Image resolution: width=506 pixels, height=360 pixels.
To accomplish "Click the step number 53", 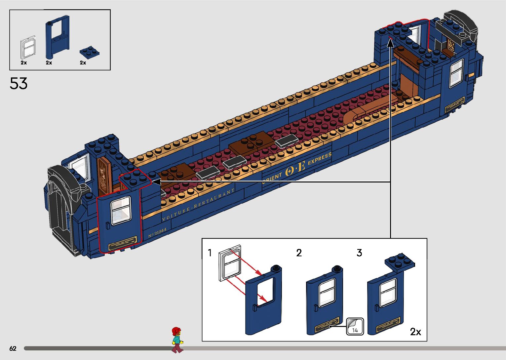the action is coord(19,83).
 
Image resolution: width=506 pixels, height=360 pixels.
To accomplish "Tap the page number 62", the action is coord(13,348).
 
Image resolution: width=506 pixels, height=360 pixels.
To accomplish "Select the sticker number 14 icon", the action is coord(355,327).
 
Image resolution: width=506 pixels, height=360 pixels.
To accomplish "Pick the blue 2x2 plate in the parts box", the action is coord(90,52).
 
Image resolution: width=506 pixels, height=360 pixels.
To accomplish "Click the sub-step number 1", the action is coord(210,253).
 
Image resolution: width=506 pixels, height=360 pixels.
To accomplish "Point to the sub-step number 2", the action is coord(299,253).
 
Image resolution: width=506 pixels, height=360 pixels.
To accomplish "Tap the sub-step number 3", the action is coord(359,253).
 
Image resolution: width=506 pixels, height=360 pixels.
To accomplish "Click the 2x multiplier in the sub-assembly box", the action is coord(415,332).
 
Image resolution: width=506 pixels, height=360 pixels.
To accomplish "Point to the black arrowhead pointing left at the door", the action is coord(155,182).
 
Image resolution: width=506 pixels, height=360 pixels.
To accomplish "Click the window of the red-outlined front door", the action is coord(121,211).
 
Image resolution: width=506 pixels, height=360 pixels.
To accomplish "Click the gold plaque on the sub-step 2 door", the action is coord(327,324).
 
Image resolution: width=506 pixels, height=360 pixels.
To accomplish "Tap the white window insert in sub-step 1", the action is coord(230,263).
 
